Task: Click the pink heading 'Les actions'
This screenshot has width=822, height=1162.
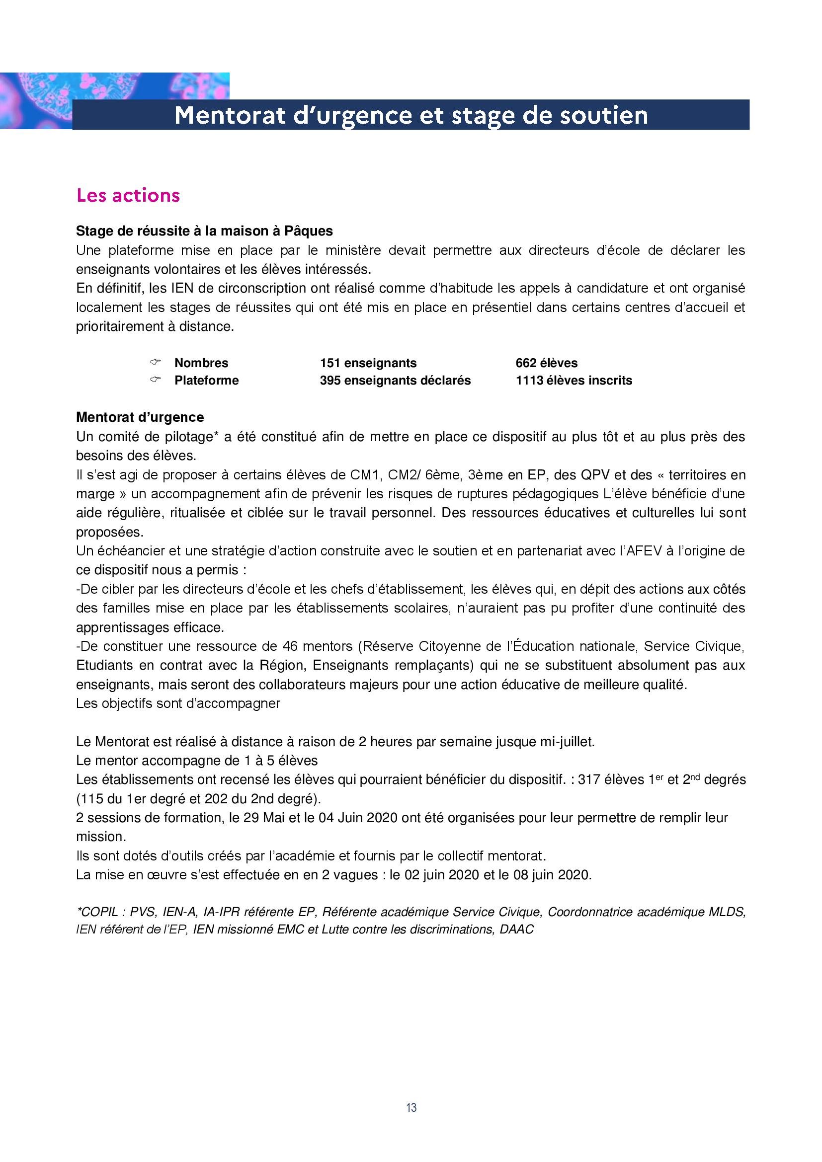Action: point(128,195)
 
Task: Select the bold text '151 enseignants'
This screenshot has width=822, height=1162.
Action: point(368,363)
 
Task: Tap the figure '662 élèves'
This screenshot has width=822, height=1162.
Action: point(546,363)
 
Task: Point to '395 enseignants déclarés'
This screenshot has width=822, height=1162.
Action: point(395,381)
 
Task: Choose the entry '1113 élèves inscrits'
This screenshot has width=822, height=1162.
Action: point(574,381)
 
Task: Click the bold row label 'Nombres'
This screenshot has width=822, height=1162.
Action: point(201,363)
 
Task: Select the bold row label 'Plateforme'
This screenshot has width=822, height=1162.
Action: point(207,381)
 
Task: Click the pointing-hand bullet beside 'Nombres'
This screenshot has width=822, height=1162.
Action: point(155,362)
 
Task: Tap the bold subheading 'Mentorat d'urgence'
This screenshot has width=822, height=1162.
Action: point(140,417)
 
